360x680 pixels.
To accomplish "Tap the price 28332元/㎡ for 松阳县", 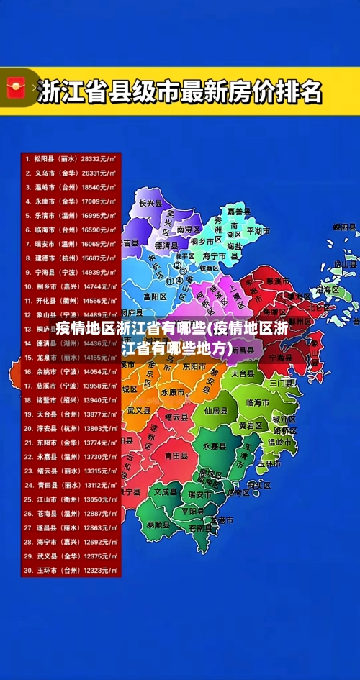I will tap(99, 158).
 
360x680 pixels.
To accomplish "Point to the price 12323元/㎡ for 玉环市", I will tap(99, 571).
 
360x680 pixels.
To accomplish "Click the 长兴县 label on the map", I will tap(151, 204).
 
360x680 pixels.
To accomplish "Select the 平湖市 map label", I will tap(258, 232).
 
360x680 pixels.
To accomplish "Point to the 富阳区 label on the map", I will tap(155, 296).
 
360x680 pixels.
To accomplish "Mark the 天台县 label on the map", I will tap(243, 374).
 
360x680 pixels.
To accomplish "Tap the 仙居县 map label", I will tap(215, 410).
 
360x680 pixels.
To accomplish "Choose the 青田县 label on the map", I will tap(176, 455).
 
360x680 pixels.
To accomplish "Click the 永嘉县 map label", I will tap(214, 446).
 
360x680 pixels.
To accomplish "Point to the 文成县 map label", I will tap(165, 492).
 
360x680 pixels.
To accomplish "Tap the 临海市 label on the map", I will tap(257, 402).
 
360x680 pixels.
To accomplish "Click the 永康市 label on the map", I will tap(173, 392).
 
